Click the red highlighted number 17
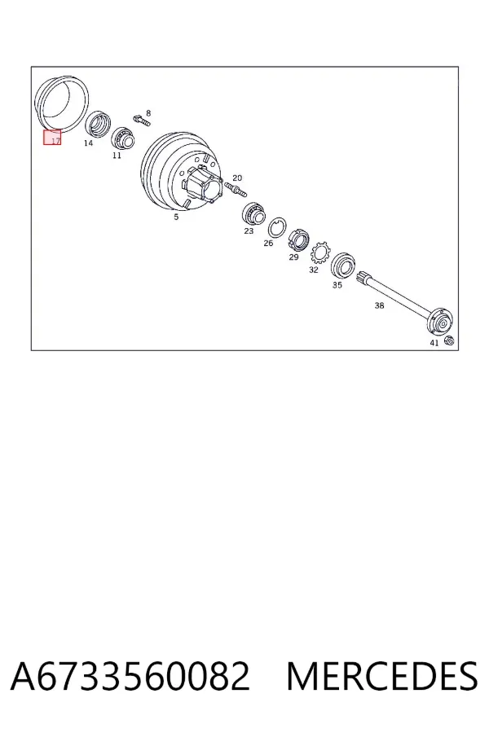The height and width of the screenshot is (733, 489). (x=55, y=140)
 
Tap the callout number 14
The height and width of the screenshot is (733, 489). (x=89, y=143)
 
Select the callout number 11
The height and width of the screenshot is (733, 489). (x=117, y=156)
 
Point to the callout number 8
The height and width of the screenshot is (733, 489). (x=148, y=113)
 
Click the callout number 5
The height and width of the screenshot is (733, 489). (x=176, y=217)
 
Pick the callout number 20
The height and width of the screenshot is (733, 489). (x=237, y=178)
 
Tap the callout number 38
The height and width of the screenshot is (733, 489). (x=379, y=305)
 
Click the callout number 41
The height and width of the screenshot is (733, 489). (x=434, y=343)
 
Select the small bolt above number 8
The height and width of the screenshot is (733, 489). (x=141, y=120)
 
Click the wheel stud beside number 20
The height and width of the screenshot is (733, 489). (x=236, y=189)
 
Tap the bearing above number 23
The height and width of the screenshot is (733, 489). (x=253, y=214)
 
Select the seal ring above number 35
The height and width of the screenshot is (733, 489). (x=344, y=266)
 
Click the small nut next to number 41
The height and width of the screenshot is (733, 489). (x=448, y=340)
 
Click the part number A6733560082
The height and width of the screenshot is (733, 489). (x=130, y=676)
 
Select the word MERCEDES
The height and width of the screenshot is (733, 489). (x=382, y=676)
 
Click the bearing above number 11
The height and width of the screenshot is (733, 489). (x=123, y=138)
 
